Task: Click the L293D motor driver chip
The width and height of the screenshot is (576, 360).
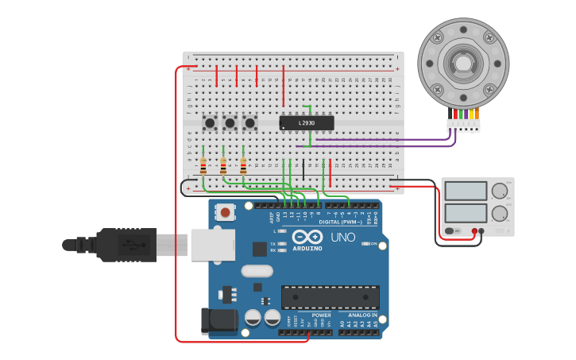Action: pyautogui.click(x=307, y=123)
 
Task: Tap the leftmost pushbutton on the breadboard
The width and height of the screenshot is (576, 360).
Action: pyautogui.click(x=210, y=122)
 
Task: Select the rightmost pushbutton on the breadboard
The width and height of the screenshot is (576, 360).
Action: pyautogui.click(x=249, y=122)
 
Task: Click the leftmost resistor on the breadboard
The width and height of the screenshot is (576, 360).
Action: pyautogui.click(x=203, y=166)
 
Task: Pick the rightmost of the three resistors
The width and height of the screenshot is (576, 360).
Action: pyautogui.click(x=243, y=166)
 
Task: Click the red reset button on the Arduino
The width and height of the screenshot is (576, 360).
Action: pyautogui.click(x=226, y=212)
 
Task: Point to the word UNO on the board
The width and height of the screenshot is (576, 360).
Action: pyautogui.click(x=343, y=237)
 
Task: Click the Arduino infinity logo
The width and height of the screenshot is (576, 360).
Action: pyautogui.click(x=306, y=237)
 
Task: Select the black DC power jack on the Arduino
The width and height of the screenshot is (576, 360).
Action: pyautogui.click(x=219, y=320)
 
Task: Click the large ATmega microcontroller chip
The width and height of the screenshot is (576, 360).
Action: pyautogui.click(x=330, y=297)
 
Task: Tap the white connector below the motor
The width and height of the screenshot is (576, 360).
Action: pyautogui.click(x=463, y=125)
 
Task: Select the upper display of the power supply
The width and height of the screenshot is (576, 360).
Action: pyautogui.click(x=466, y=191)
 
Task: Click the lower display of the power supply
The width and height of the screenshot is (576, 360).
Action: pyautogui.click(x=466, y=213)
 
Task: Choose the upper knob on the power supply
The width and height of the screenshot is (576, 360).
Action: pyautogui.click(x=499, y=191)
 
